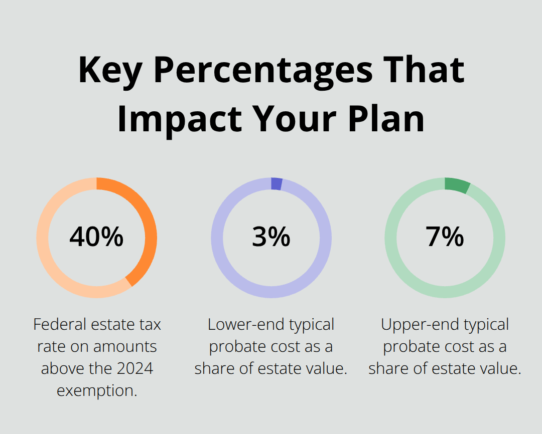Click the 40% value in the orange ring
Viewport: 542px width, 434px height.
(96, 237)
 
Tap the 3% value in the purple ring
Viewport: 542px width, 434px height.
(271, 237)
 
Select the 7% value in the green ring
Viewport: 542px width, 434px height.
(445, 237)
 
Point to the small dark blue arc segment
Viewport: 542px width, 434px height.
(277, 184)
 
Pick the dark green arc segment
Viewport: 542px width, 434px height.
(457, 185)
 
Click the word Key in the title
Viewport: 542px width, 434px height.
(109, 71)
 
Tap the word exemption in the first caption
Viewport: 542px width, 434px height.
(97, 390)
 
